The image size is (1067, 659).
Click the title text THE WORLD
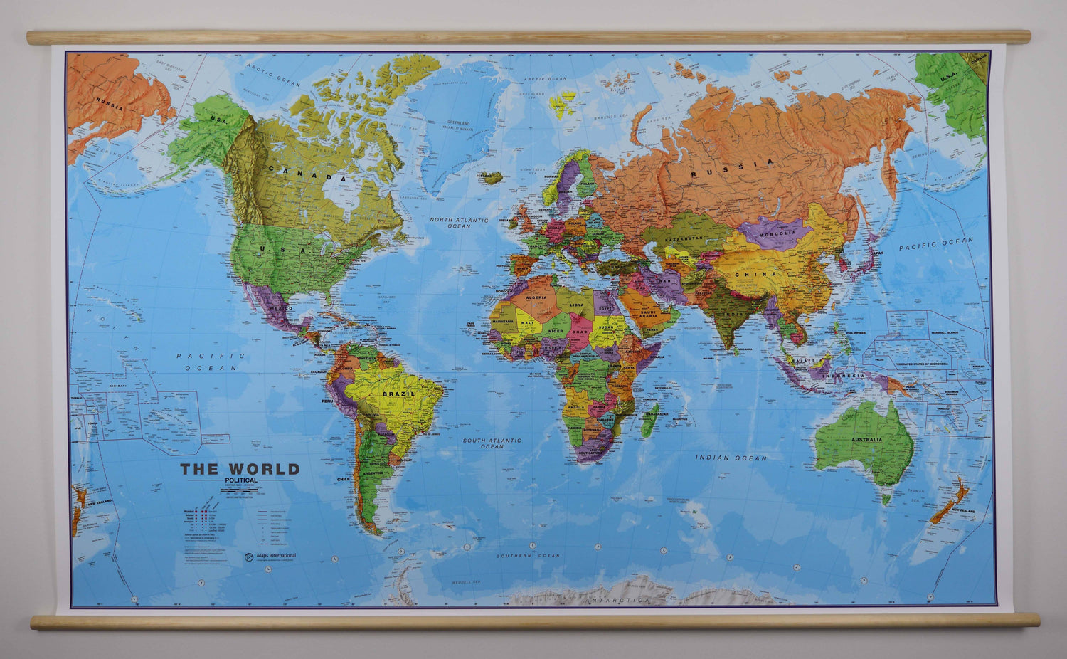coord(240,469)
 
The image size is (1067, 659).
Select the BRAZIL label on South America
coord(398,394)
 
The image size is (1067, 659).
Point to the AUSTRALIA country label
coord(866,440)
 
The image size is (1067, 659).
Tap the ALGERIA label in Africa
coord(536,297)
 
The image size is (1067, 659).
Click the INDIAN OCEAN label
coord(731,458)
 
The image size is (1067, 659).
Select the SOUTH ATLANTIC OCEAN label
coord(492,443)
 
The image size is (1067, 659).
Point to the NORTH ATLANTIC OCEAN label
coord(459,223)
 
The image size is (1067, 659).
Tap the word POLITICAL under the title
coord(241,480)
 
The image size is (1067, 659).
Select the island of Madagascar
coord(649,420)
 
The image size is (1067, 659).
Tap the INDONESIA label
coord(844,376)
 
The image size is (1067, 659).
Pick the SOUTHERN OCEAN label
coord(529,556)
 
